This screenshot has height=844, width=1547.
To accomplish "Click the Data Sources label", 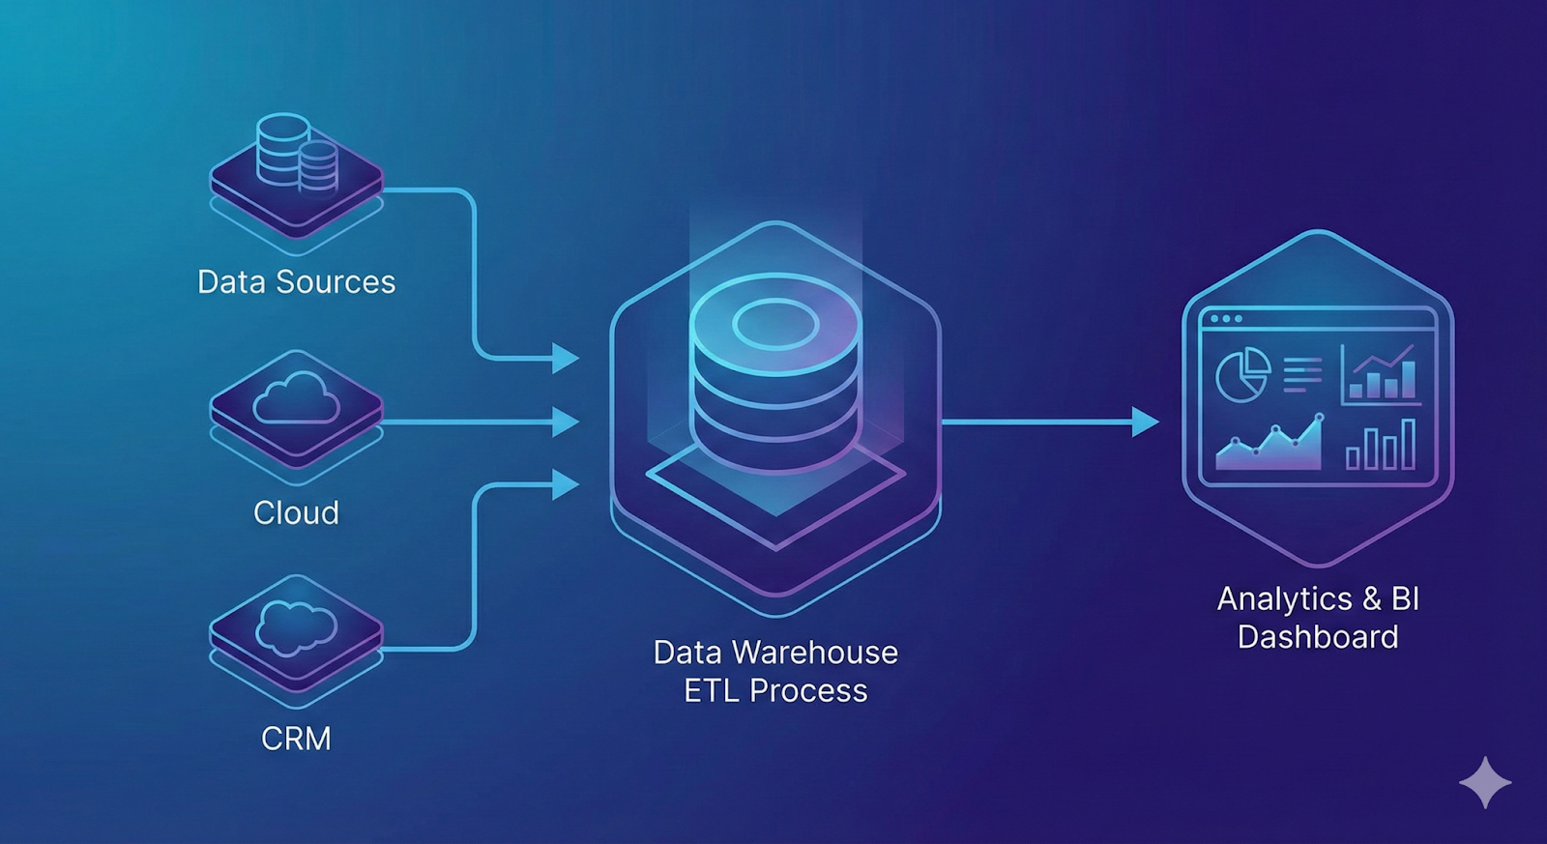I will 296,281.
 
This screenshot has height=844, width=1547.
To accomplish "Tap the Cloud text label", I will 296,512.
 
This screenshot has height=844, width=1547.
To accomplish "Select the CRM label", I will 296,739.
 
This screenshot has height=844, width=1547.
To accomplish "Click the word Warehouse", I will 815,653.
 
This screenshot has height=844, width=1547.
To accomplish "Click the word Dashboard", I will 1318,637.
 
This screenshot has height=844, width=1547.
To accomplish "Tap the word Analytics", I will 1284,599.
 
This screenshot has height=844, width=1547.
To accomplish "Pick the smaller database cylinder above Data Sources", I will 318,166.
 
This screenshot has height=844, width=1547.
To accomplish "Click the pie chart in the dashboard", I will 1242,375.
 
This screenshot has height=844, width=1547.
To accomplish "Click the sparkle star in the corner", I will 1485,782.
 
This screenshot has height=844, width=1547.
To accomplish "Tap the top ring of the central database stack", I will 775,322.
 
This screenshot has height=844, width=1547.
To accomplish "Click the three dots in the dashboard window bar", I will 1226,319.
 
